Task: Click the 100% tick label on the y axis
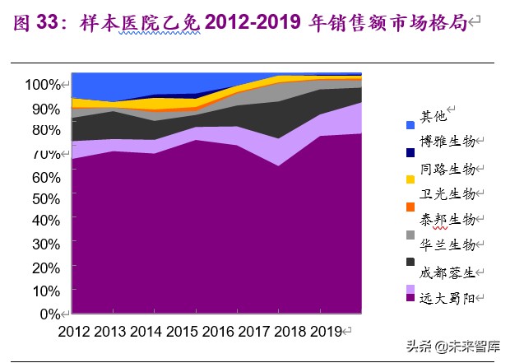[43, 85]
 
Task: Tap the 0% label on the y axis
[49, 314]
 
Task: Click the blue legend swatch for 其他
[410, 125]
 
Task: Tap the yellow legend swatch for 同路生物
[410, 178]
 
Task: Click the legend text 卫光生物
[447, 194]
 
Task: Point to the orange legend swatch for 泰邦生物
[410, 207]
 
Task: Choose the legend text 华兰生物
[447, 244]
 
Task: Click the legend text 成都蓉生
[447, 272]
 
